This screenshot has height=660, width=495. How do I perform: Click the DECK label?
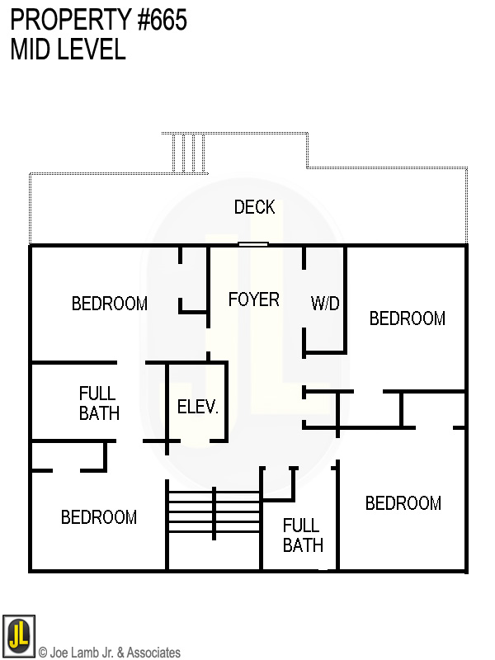pyautogui.click(x=254, y=207)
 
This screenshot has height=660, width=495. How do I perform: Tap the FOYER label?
pyautogui.click(x=253, y=299)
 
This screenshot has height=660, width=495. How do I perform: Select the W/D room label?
pyautogui.click(x=325, y=304)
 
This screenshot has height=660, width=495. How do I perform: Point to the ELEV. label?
pyautogui.click(x=198, y=407)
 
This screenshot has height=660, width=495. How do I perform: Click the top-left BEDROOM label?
pyautogui.click(x=110, y=304)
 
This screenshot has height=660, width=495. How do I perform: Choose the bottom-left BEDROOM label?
pyautogui.click(x=99, y=517)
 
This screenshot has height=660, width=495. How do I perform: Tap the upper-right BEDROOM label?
pyautogui.click(x=408, y=318)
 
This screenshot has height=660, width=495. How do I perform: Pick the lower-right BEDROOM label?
pyautogui.click(x=403, y=503)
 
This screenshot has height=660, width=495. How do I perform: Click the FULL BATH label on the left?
pyautogui.click(x=99, y=403)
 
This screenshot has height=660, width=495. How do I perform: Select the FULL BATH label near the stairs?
pyautogui.click(x=303, y=535)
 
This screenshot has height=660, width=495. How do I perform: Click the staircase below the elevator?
pyautogui.click(x=214, y=512)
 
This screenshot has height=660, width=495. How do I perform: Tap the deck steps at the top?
pyautogui.click(x=188, y=153)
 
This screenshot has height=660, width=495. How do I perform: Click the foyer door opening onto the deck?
pyautogui.click(x=253, y=244)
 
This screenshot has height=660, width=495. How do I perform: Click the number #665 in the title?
pyautogui.click(x=156, y=21)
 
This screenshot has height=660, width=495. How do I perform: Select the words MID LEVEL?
pyautogui.click(x=68, y=49)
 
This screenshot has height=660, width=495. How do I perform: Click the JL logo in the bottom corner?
pyautogui.click(x=18, y=636)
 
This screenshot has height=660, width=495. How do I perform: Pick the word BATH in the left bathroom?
pyautogui.click(x=99, y=413)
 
